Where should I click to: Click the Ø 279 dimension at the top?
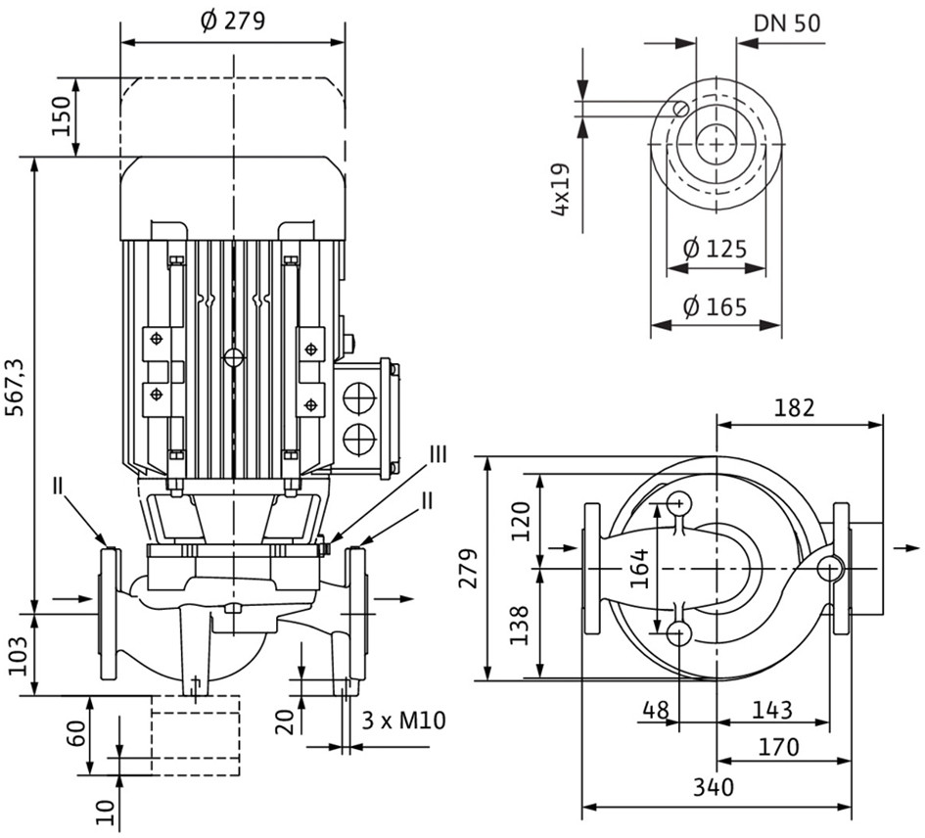[233, 21]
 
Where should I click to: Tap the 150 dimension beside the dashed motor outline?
[62, 116]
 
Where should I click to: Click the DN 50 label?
[787, 23]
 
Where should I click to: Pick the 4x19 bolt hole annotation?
[562, 190]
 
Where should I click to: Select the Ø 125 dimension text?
[715, 249]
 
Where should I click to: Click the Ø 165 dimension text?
[715, 306]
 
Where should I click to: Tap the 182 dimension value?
[794, 408]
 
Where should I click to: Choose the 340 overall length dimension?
[714, 787]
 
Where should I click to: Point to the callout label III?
[438, 455]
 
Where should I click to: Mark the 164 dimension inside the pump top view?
[639, 569]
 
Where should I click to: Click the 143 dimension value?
[772, 710]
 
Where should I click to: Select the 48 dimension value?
[656, 710]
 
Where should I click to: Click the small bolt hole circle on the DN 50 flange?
[681, 108]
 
